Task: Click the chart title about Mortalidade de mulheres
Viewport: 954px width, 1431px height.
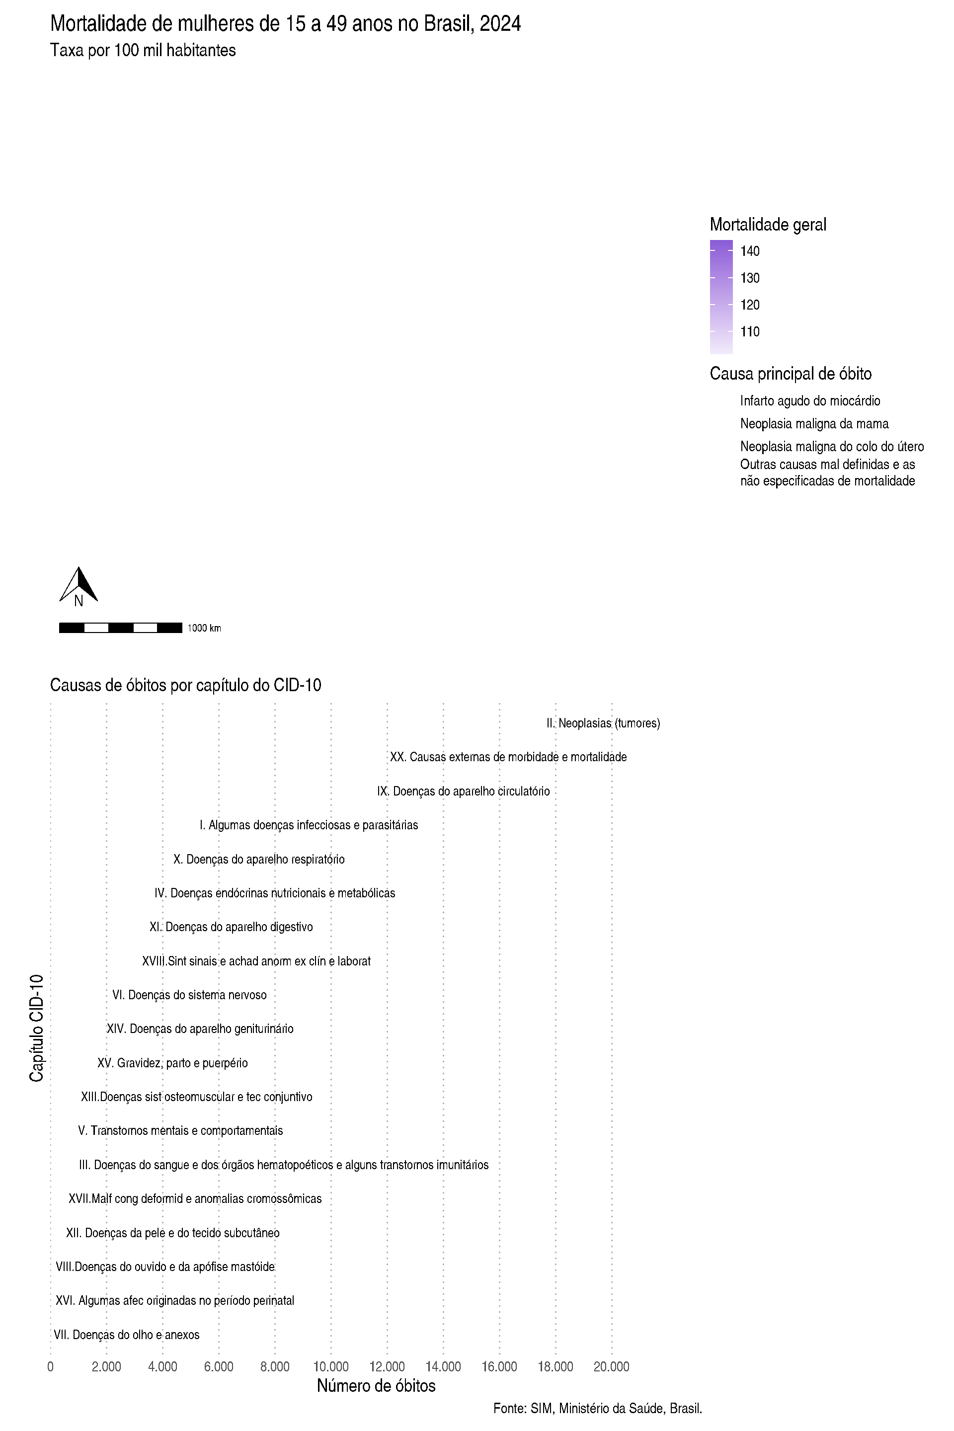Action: (x=285, y=24)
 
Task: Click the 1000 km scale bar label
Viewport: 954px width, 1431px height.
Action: (x=204, y=628)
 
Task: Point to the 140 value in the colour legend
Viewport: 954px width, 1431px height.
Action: (x=750, y=250)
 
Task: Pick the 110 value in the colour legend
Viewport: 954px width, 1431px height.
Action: (x=750, y=331)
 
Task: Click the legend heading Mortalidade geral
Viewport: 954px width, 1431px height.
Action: (x=768, y=225)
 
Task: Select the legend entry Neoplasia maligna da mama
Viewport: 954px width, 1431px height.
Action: (x=814, y=423)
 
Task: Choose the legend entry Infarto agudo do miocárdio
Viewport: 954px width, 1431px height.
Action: (x=810, y=401)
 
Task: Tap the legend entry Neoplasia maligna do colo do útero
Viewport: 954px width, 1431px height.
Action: (x=832, y=447)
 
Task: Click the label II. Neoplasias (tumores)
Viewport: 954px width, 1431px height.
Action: (x=603, y=723)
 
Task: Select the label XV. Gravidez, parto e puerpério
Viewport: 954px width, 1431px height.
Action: (x=172, y=1063)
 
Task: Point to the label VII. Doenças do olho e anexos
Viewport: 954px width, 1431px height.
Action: (x=127, y=1335)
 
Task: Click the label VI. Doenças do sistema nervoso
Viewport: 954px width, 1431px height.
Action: (x=189, y=995)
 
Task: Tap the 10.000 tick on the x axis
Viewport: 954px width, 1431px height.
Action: (x=331, y=1367)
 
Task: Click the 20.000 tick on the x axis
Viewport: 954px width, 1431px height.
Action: (x=612, y=1367)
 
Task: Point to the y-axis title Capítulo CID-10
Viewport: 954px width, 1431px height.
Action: (x=36, y=1028)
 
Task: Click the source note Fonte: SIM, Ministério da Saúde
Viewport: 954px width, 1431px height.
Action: (x=597, y=1409)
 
